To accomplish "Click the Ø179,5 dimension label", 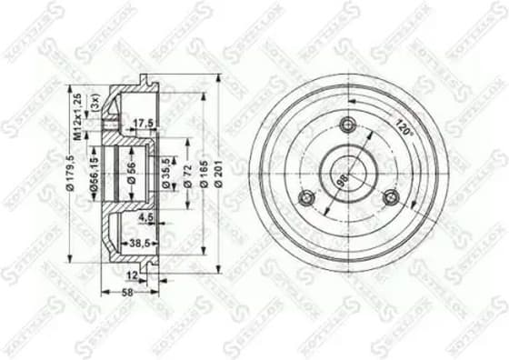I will (x=70, y=173).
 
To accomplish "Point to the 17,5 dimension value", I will (x=142, y=123).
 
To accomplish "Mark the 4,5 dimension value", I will (x=145, y=217).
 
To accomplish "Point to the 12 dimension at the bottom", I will (x=132, y=273).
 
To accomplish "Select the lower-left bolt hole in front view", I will (x=307, y=197).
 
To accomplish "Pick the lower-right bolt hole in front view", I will (x=391, y=196).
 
